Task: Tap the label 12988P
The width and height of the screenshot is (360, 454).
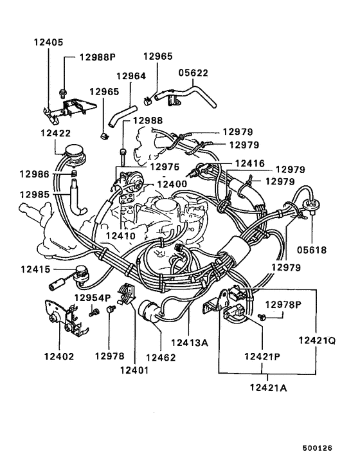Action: tap(97, 57)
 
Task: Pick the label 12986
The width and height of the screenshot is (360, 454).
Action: tap(33, 174)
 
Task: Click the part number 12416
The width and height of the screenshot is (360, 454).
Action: tap(249, 164)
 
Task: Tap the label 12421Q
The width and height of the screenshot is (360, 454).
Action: tap(316, 341)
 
